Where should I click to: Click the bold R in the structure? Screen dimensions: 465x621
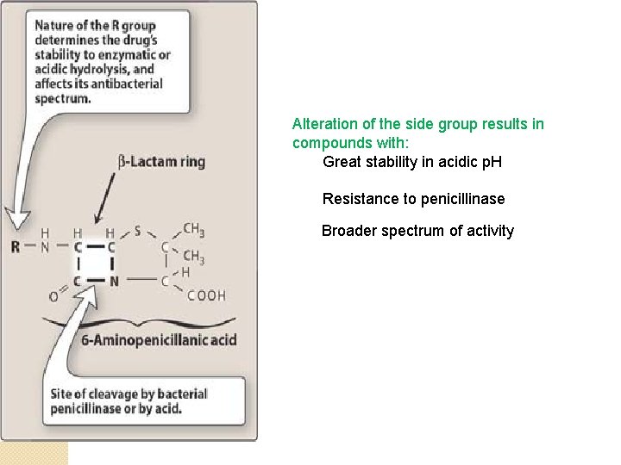tap(15, 247)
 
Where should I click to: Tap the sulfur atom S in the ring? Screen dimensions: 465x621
tap(136, 231)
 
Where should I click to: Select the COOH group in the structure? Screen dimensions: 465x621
tap(208, 295)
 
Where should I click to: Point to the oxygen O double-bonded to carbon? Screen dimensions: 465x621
tap(53, 297)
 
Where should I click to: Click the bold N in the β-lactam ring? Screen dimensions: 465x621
tap(113, 281)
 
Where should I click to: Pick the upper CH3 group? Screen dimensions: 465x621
tap(194, 230)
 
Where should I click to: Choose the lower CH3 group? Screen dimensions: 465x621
tap(194, 257)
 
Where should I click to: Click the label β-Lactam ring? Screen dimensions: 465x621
tap(161, 161)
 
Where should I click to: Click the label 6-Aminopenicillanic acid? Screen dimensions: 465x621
tap(159, 340)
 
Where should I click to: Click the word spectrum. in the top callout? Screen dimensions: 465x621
tap(62, 98)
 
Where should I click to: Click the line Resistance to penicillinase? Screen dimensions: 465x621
tap(413, 199)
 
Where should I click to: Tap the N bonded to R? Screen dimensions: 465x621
tap(46, 247)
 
